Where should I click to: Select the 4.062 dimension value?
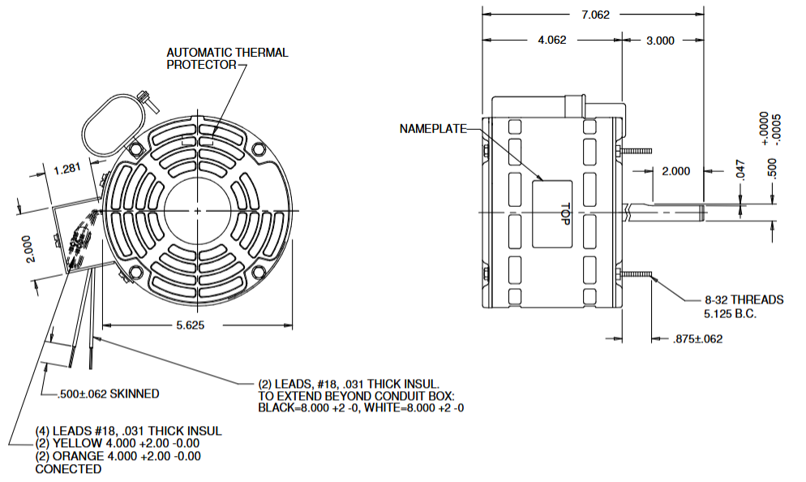[x=551, y=40]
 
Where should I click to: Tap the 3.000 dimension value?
[x=660, y=40]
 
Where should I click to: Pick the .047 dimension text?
[x=740, y=169]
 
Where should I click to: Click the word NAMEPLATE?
[x=433, y=128]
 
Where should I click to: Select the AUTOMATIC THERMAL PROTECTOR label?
[x=227, y=58]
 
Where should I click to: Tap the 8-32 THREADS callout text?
[x=732, y=300]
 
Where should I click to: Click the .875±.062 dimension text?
[x=697, y=338]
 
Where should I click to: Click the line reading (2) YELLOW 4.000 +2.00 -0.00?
[x=117, y=443]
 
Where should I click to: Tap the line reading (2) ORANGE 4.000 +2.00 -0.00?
[x=118, y=456]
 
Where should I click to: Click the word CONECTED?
[x=68, y=469]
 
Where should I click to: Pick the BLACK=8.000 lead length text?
[x=307, y=407]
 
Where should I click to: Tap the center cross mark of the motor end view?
[x=198, y=211]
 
